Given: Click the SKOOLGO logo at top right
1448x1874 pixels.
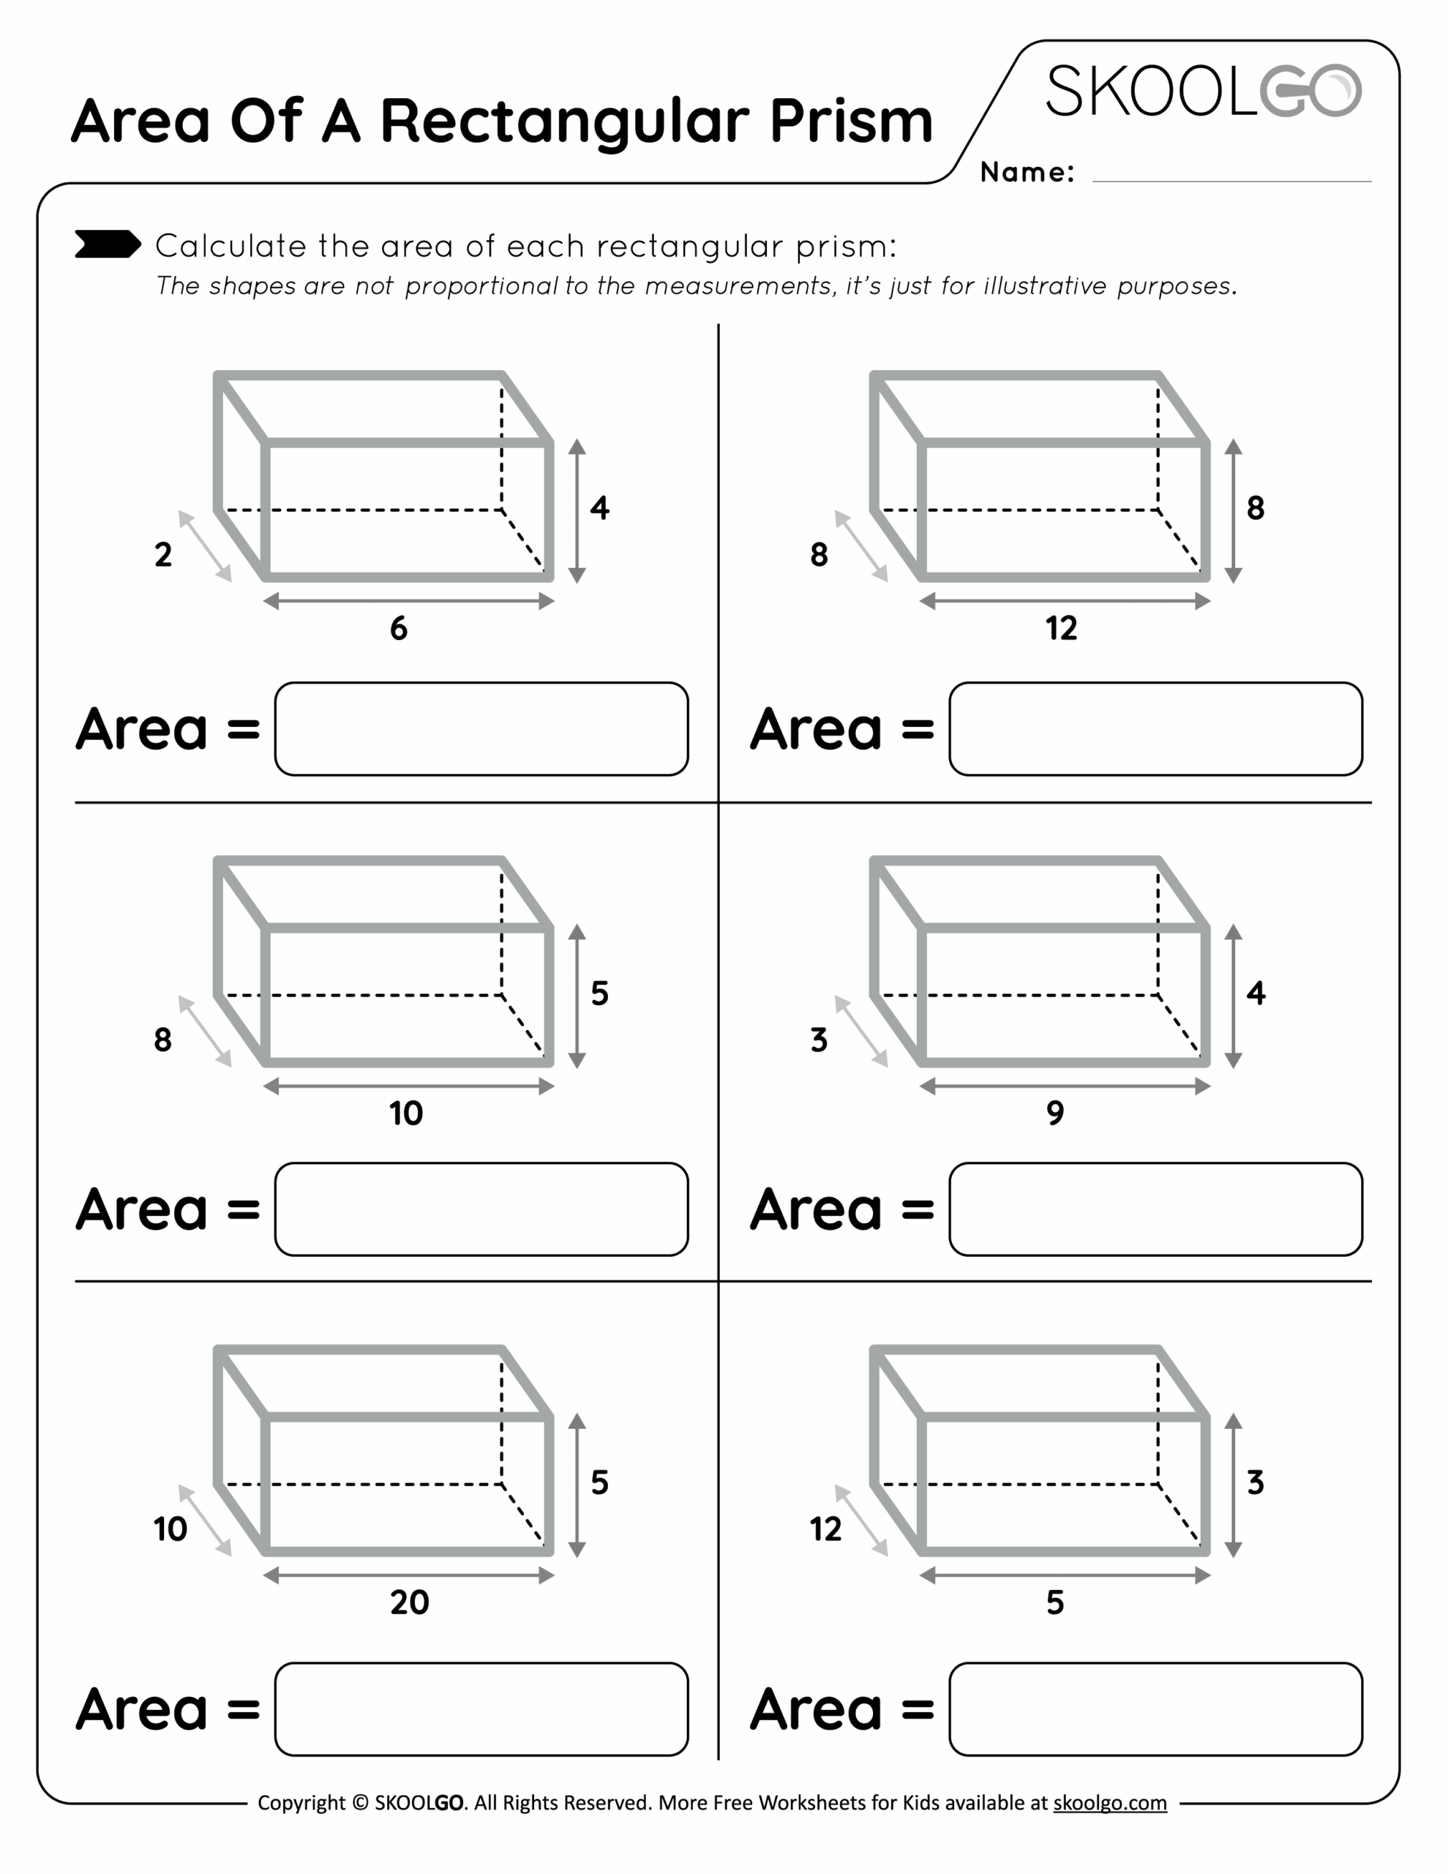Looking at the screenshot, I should pyautogui.click(x=1202, y=91).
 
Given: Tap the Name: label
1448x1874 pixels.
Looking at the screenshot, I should pyautogui.click(x=1027, y=173).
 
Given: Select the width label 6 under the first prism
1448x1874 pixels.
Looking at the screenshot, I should pyautogui.click(x=399, y=629).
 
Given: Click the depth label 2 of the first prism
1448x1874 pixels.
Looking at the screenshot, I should pyautogui.click(x=163, y=554).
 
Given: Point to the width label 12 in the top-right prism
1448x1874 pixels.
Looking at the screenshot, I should pyautogui.click(x=1061, y=629).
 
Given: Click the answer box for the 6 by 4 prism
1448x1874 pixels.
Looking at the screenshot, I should pyautogui.click(x=481, y=729).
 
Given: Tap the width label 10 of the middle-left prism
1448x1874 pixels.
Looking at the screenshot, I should pyautogui.click(x=406, y=1113).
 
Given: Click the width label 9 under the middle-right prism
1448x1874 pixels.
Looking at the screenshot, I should pyautogui.click(x=1055, y=1113).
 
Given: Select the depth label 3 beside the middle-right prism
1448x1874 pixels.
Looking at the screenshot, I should pyautogui.click(x=819, y=1040).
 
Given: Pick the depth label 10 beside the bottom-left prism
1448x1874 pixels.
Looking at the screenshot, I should pyautogui.click(x=170, y=1529).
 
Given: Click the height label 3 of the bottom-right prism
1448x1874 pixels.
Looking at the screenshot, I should pyautogui.click(x=1256, y=1482).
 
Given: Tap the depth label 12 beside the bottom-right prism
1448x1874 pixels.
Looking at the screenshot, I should pyautogui.click(x=825, y=1529).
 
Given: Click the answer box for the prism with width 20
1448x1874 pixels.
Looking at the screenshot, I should pyautogui.click(x=481, y=1709).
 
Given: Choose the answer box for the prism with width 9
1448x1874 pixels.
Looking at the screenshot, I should pyautogui.click(x=1155, y=1210).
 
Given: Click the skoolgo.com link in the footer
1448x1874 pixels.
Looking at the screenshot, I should pyautogui.click(x=1109, y=1803).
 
